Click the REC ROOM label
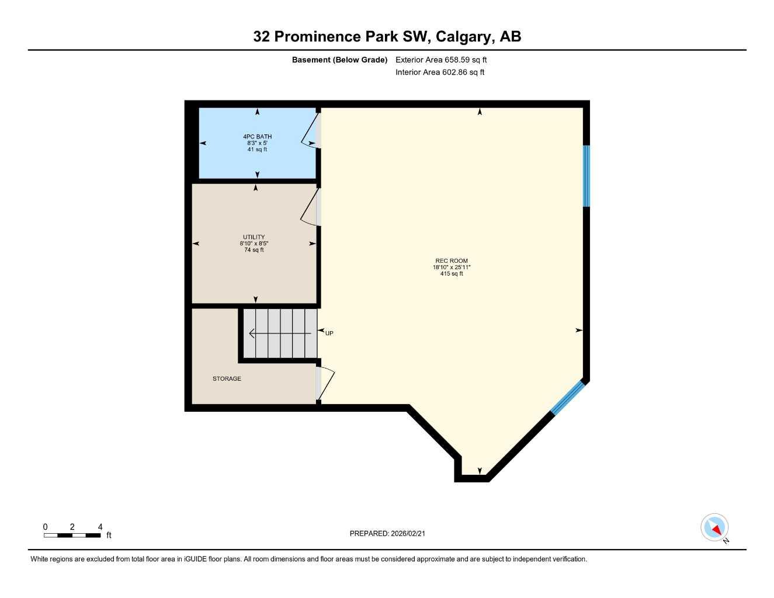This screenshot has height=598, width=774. tap(451, 261)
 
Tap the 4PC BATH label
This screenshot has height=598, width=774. tap(257, 137)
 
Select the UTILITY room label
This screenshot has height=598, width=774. tap(254, 237)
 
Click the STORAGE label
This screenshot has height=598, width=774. tap(227, 379)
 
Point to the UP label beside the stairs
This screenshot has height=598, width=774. tap(329, 333)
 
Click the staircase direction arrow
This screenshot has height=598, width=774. tap(280, 333)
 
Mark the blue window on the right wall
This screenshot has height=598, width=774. tap(586, 176)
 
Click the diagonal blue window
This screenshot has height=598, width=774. tap(567, 398)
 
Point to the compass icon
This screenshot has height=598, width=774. tap(714, 528)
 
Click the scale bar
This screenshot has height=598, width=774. tap(72, 535)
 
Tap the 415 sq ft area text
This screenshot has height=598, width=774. tap(451, 274)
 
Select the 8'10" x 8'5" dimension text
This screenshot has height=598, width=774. tap(254, 244)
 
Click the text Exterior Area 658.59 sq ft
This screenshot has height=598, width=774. tap(441, 60)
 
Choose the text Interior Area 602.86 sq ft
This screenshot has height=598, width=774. tap(440, 72)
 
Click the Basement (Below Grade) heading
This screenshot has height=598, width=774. tap(339, 60)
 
